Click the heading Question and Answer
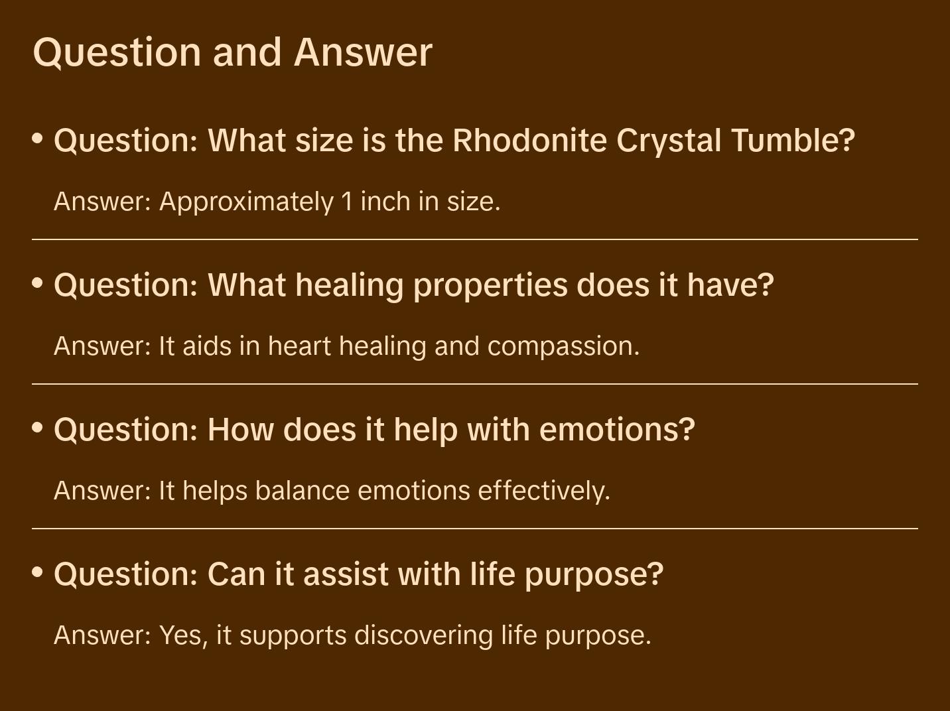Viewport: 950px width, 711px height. (x=232, y=53)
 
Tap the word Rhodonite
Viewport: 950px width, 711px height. (x=530, y=140)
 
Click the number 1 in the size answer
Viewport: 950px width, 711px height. (x=347, y=202)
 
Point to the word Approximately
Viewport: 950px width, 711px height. (x=247, y=202)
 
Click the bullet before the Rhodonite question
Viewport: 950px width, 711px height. (x=38, y=139)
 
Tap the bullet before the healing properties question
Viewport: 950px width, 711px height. (x=38, y=283)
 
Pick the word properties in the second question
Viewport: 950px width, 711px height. (x=490, y=286)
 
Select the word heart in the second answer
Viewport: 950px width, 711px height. (x=299, y=346)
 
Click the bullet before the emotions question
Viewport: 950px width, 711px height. (x=38, y=428)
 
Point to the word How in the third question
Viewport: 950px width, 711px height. (x=241, y=430)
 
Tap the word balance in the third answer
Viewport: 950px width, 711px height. (x=302, y=490)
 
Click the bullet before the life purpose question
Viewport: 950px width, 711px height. (x=38, y=572)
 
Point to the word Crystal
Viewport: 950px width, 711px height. (x=669, y=141)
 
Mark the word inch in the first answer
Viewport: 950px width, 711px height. (x=385, y=202)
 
